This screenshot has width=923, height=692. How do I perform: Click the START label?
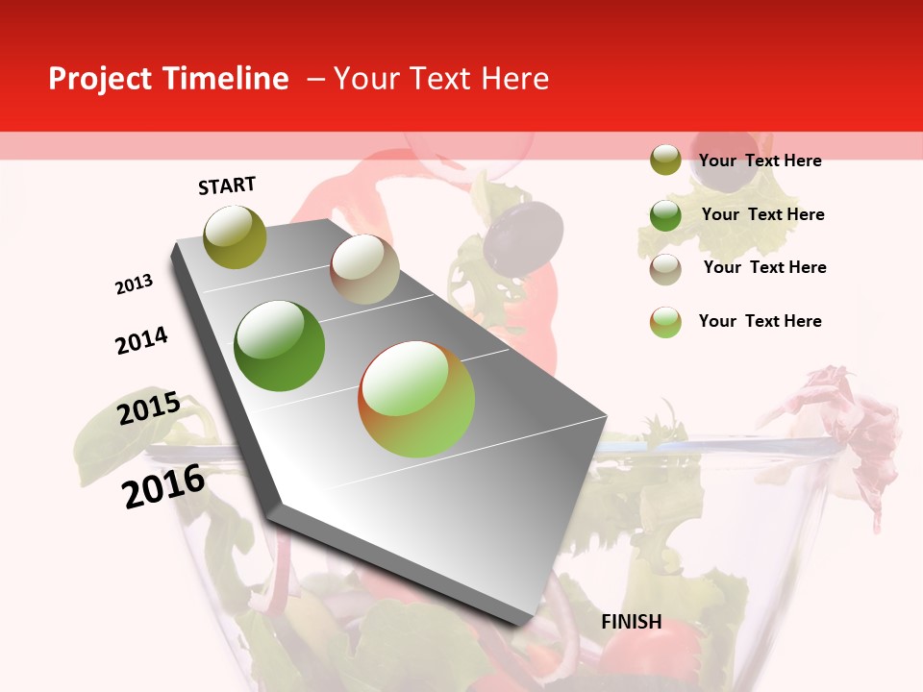tap(227, 185)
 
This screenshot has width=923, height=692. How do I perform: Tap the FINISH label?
tap(632, 622)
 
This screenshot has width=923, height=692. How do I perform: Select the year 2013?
tap(134, 284)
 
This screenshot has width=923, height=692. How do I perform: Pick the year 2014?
tap(141, 341)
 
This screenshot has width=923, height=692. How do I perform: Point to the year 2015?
tap(149, 408)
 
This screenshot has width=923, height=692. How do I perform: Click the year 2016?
tap(163, 486)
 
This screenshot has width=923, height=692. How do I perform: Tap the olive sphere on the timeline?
tap(235, 236)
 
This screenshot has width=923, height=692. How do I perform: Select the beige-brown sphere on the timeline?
tap(364, 269)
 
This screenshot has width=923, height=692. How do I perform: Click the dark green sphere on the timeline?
tap(280, 346)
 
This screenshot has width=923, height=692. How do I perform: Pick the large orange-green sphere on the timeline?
tap(416, 399)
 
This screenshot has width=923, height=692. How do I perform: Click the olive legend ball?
tap(665, 161)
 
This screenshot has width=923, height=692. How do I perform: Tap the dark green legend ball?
tap(665, 215)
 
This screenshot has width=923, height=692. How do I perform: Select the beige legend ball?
tap(665, 269)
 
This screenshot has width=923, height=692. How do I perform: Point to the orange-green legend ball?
tap(665, 322)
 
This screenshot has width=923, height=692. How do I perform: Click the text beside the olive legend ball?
tap(760, 161)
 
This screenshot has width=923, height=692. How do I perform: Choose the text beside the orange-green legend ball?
tap(760, 321)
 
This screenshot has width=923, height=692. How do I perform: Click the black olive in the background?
tap(523, 235)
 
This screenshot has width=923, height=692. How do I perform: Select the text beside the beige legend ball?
tap(764, 267)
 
